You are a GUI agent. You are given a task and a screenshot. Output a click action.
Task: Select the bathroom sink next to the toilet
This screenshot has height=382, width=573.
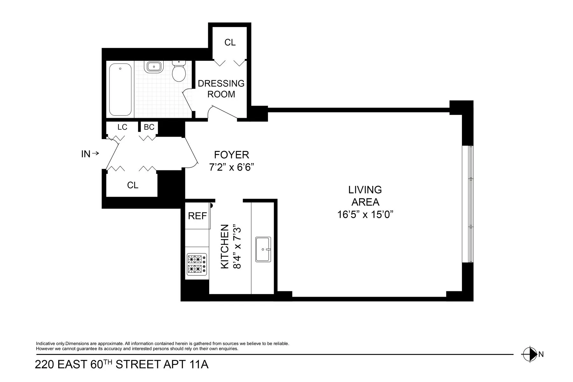pyautogui.click(x=154, y=67)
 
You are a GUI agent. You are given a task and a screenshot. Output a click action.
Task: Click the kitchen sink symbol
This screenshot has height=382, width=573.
pyautogui.click(x=263, y=249)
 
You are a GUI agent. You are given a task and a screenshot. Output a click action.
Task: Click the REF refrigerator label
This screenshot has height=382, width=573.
pyautogui.click(x=197, y=216)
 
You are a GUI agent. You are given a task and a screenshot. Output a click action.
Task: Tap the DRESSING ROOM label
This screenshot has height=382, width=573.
pyautogui.click(x=221, y=89)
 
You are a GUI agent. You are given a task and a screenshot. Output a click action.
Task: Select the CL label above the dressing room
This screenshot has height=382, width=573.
pyautogui.click(x=230, y=42)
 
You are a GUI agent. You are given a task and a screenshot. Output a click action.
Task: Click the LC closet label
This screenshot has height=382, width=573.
pyautogui.click(x=122, y=127)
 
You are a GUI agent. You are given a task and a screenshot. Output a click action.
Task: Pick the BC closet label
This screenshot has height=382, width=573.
pyautogui.click(x=149, y=127)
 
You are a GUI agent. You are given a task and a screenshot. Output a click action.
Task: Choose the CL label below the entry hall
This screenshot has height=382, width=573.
pyautogui.click(x=132, y=185)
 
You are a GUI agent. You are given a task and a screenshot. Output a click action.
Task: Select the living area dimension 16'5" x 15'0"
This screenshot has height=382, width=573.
pyautogui.click(x=365, y=215)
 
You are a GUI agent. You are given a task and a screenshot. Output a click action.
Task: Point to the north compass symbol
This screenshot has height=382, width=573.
pyautogui.click(x=529, y=354)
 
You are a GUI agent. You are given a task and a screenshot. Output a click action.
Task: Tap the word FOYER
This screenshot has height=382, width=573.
pyautogui.click(x=231, y=155)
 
